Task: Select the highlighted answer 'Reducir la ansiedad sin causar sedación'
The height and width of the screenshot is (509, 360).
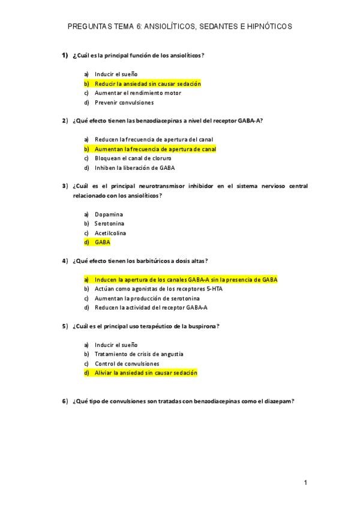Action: coord(148,83)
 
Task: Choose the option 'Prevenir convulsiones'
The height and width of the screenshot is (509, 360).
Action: coord(124,103)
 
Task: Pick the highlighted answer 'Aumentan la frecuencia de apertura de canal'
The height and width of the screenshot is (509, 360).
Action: coord(155,149)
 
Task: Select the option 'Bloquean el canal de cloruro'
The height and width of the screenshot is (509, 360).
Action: coord(133,158)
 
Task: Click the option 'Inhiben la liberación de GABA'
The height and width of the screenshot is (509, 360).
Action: coord(135,168)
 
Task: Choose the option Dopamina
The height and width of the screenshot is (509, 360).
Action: coord(109,214)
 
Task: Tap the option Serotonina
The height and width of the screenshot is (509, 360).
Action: coord(110,223)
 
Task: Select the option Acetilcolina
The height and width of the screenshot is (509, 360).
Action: coord(110,233)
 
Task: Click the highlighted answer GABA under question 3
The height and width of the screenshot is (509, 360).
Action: coord(103,242)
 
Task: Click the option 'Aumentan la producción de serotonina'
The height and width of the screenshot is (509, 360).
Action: coord(148,298)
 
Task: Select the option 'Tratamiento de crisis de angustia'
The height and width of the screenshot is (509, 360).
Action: coord(139,354)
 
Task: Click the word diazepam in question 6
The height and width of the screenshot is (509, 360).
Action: coord(277,401)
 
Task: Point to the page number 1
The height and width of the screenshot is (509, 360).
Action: coord(305,483)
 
